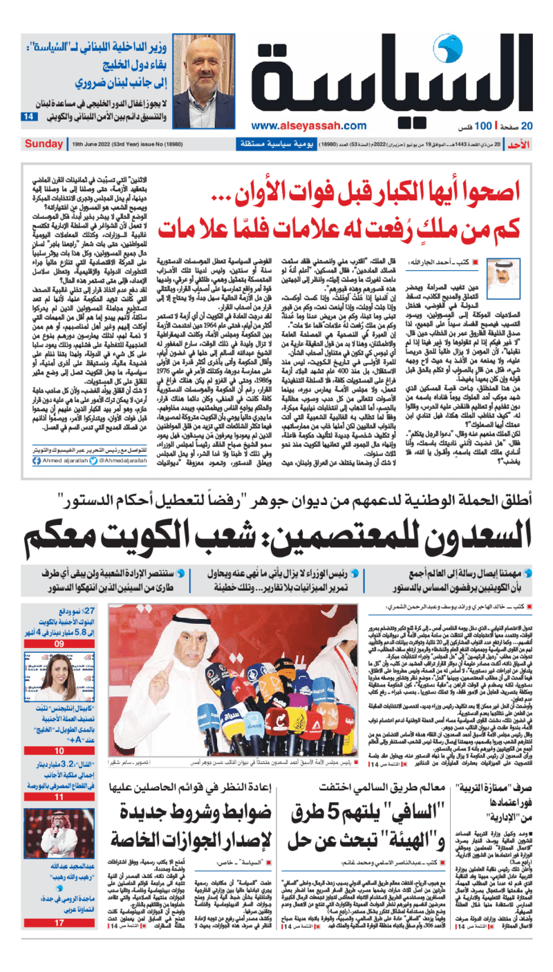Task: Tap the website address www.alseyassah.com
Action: [308, 126]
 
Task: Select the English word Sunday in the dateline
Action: [44, 144]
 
